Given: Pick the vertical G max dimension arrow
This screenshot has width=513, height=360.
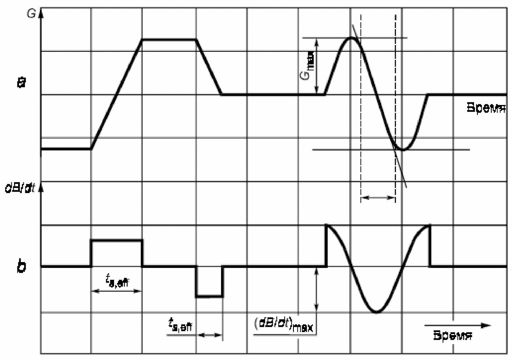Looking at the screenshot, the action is click(317, 66).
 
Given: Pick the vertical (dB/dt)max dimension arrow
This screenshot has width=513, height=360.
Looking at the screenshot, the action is click(316, 290).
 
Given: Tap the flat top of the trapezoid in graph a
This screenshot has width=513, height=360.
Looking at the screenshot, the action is click(169, 39).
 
